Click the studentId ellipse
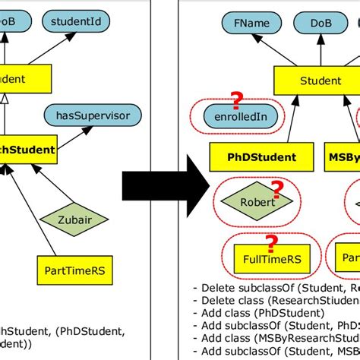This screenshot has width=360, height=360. pyautogui.click(x=75, y=22)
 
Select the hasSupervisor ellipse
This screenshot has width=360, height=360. pyautogui.click(x=99, y=116)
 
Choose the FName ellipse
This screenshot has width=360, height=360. pyautogui.click(x=251, y=23)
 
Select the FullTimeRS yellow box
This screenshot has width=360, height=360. pyautogui.click(x=267, y=259)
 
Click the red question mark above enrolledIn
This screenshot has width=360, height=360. pyautogui.click(x=237, y=99)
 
